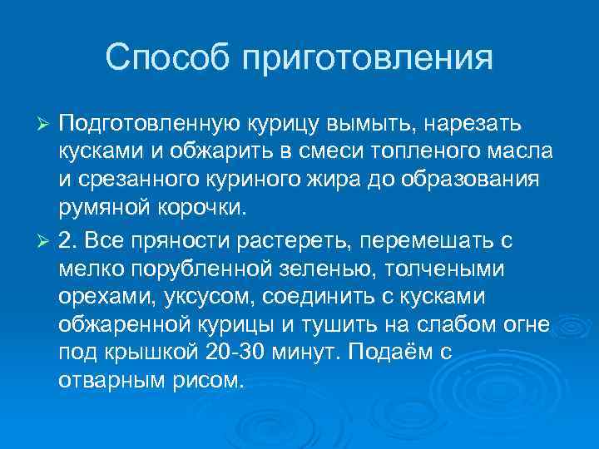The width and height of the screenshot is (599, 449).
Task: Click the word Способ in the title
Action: tap(167, 58)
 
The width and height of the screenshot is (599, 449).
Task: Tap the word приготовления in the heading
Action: tap(367, 60)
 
